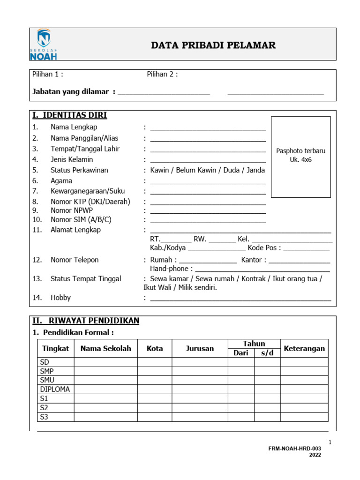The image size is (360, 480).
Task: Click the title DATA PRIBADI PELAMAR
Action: tap(213, 45)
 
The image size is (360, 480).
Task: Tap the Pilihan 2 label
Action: tap(162, 74)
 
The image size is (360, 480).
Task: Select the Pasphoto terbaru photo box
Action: tap(300, 157)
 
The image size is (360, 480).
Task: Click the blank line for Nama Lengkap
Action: tap(208, 128)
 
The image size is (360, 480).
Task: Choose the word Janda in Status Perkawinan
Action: tap(256, 170)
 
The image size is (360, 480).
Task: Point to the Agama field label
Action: tap(61, 181)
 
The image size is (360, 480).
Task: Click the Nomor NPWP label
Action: tap(72, 210)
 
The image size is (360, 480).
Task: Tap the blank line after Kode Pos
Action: tap(307, 248)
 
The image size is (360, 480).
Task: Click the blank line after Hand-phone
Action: tap(262, 270)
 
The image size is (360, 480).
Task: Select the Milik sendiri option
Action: tap(197, 288)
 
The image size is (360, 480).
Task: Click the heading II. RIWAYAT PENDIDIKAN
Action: tap(86, 321)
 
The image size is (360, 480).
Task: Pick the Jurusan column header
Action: tap(200, 348)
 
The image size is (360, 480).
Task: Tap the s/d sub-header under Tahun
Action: tap(267, 353)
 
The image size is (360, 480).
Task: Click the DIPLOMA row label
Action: tap(55, 390)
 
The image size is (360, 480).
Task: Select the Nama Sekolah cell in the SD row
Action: tap(105, 362)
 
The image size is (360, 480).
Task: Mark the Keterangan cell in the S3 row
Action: tap(304, 417)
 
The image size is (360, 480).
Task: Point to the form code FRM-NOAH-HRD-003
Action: tap(294, 449)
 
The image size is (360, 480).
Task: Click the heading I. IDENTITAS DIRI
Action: tap(69, 115)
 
